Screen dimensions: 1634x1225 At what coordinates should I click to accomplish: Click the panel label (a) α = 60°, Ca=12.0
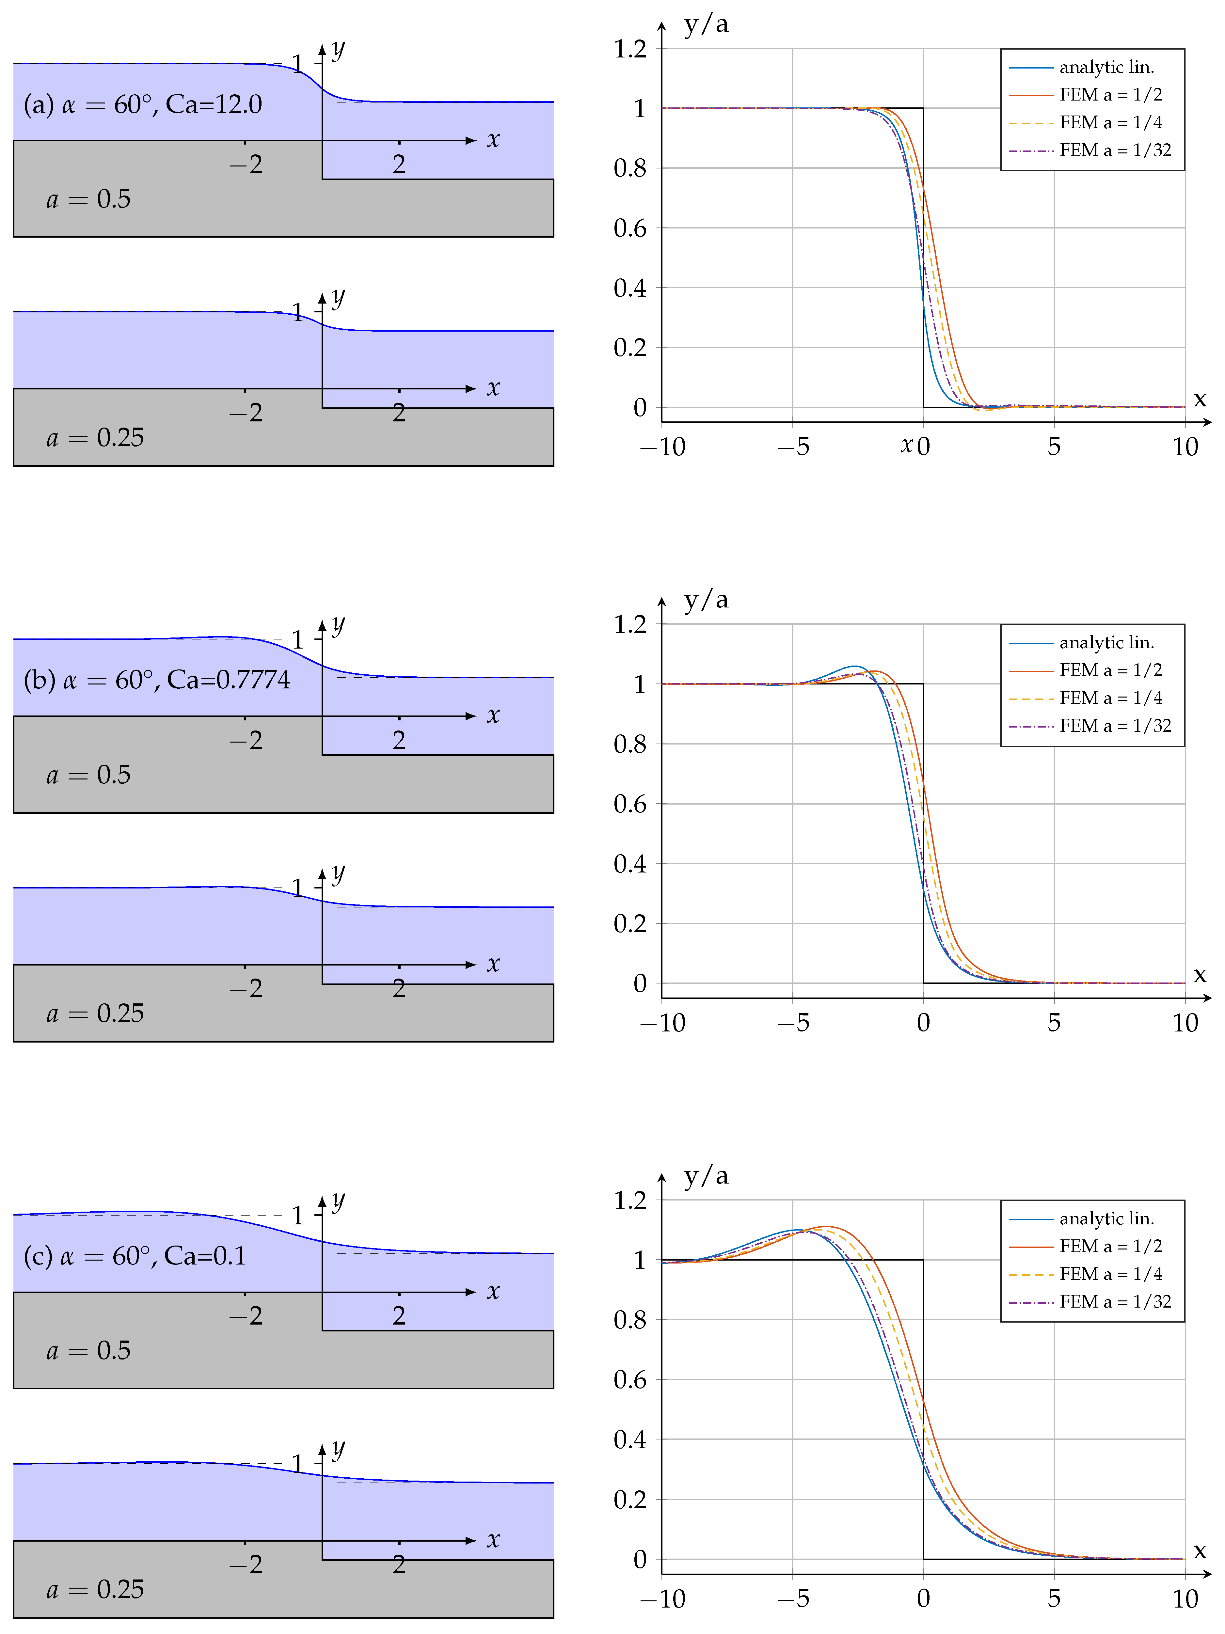coord(143,105)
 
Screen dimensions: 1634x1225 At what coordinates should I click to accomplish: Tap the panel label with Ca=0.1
coord(135,1256)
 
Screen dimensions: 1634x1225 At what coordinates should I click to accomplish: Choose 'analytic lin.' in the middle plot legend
coord(1106,643)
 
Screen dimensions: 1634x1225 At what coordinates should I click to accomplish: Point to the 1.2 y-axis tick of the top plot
coord(629,50)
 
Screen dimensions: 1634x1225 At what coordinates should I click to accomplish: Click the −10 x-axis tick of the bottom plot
coord(662,1599)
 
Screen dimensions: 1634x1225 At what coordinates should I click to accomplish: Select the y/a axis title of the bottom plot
coord(706,1175)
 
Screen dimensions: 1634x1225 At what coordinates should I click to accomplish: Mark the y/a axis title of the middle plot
coord(706,600)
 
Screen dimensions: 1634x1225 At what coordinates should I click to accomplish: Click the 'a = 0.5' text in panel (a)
coord(89,199)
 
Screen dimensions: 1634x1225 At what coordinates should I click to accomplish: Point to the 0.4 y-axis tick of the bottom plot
coord(629,1440)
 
